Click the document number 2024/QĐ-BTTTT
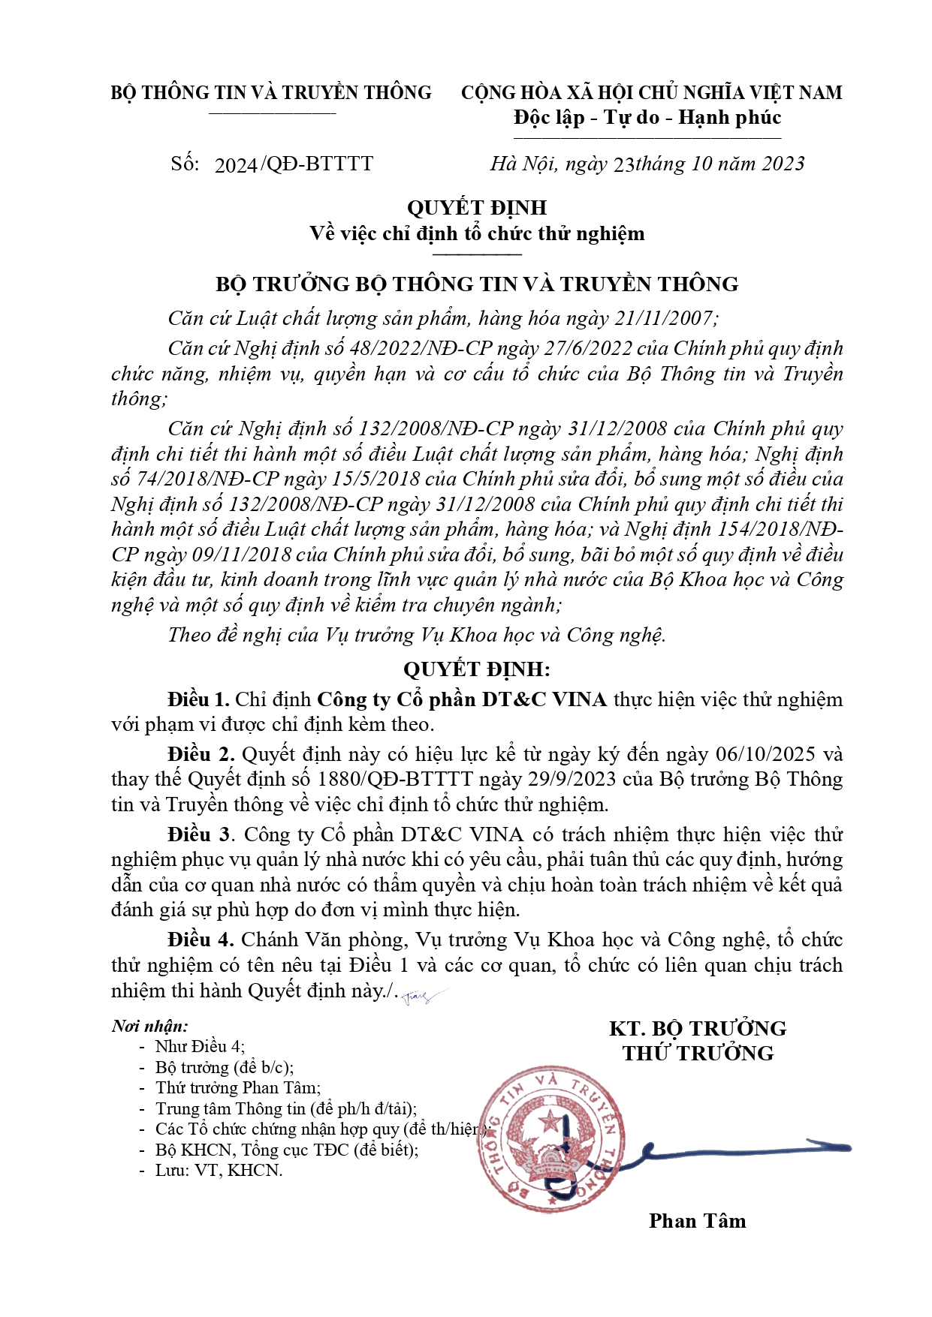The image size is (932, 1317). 294,164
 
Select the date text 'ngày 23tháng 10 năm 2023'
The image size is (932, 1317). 684,164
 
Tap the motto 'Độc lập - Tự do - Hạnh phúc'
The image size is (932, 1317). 647,118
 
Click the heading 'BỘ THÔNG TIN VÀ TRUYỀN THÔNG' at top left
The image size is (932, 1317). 271,92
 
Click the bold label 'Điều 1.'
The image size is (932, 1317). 198,699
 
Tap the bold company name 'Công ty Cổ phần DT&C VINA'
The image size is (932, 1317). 462,699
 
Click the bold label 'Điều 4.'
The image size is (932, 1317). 201,940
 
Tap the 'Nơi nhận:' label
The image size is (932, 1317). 149,1026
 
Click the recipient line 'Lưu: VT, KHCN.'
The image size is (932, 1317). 219,1170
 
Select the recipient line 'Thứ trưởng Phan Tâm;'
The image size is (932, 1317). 237,1087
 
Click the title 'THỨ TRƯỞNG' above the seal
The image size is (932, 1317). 698,1053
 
